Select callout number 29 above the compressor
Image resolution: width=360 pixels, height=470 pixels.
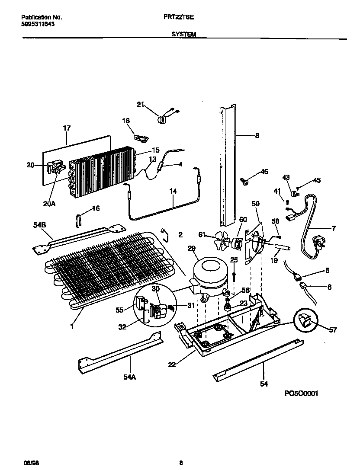click(x=192, y=248)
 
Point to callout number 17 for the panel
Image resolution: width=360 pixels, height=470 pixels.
click(x=66, y=128)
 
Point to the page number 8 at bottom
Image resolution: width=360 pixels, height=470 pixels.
click(x=181, y=463)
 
